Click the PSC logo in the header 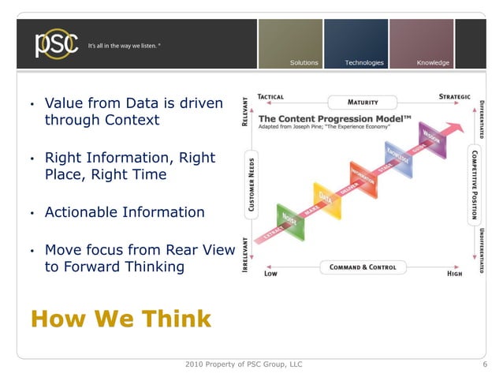56,44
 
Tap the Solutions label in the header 304,62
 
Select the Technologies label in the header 364,62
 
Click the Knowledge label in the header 433,62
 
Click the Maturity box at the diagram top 363,103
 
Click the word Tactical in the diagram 271,97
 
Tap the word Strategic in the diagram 454,97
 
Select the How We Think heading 121,319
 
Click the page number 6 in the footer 485,364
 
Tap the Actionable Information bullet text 125,212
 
